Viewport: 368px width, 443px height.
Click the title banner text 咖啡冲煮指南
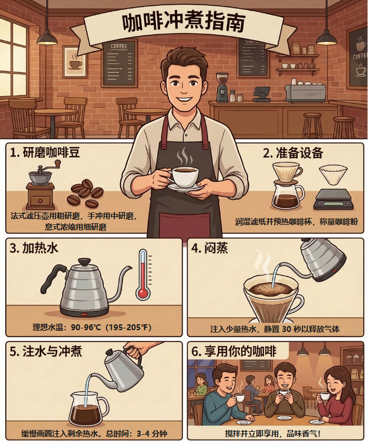(x=183, y=22)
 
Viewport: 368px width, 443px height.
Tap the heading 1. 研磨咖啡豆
(x=45, y=152)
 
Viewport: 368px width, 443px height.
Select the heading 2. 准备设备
(x=293, y=152)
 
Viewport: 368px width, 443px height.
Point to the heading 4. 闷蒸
(x=209, y=248)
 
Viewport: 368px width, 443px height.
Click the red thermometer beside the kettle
(x=143, y=275)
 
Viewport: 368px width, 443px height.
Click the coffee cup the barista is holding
(x=184, y=177)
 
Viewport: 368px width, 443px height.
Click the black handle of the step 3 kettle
(x=51, y=278)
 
